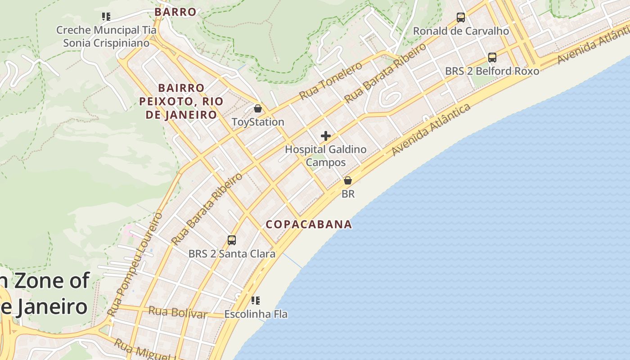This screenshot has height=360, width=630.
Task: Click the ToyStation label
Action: pyautogui.click(x=258, y=122)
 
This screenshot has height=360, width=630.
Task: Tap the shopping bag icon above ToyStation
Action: pyautogui.click(x=258, y=108)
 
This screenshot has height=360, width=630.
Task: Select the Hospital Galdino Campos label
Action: pyautogui.click(x=326, y=156)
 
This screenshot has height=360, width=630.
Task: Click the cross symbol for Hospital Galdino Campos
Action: pyautogui.click(x=326, y=136)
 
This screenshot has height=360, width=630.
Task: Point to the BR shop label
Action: pyautogui.click(x=348, y=194)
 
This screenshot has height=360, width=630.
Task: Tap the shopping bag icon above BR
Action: pyautogui.click(x=348, y=181)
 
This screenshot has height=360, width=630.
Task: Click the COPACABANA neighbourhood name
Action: pyautogui.click(x=309, y=224)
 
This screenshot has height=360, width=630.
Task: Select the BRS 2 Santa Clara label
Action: pyautogui.click(x=232, y=254)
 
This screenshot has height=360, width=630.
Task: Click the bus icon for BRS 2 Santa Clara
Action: pyautogui.click(x=232, y=240)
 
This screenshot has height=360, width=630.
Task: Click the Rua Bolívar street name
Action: pyautogui.click(x=177, y=312)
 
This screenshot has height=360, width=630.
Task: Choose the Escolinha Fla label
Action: pyautogui.click(x=256, y=314)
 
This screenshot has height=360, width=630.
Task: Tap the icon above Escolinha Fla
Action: pyautogui.click(x=256, y=300)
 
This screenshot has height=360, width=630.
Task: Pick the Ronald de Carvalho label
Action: pyautogui.click(x=461, y=31)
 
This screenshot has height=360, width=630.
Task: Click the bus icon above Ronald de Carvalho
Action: pyautogui.click(x=461, y=18)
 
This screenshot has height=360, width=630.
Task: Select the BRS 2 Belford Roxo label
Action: pyautogui.click(x=492, y=71)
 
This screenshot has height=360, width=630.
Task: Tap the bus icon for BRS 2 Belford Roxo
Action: pyautogui.click(x=492, y=58)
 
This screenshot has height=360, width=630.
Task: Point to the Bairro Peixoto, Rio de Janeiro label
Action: pyautogui.click(x=181, y=101)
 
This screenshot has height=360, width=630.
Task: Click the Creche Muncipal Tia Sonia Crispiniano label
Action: pyautogui.click(x=106, y=36)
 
